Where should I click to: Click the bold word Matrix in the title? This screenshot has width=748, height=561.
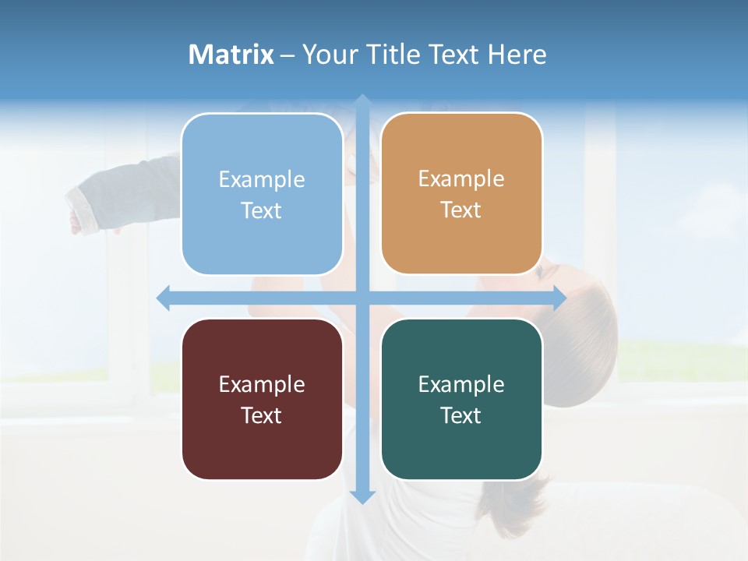pyautogui.click(x=231, y=55)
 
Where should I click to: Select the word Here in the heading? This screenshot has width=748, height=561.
pyautogui.click(x=517, y=55)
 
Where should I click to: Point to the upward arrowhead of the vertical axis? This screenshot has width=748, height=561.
pyautogui.click(x=362, y=101)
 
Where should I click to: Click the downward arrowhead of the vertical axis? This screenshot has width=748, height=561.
pyautogui.click(x=362, y=496)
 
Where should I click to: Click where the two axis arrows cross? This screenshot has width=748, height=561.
pyautogui.click(x=362, y=298)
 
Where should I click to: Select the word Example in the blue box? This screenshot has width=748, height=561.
pyautogui.click(x=262, y=180)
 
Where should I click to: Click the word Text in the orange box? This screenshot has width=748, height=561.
pyautogui.click(x=461, y=210)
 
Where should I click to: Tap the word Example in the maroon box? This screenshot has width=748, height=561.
pyautogui.click(x=262, y=385)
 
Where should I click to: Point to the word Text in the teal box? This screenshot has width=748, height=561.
pyautogui.click(x=461, y=416)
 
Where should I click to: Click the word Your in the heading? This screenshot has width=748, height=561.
pyautogui.click(x=328, y=55)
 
